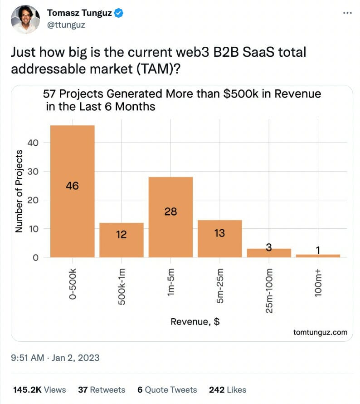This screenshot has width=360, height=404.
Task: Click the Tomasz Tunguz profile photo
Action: tap(26, 19)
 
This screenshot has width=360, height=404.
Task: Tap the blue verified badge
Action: tap(119, 13)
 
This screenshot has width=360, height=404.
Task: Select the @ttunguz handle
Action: tap(66, 25)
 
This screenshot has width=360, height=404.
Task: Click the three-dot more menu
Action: tap(347, 13)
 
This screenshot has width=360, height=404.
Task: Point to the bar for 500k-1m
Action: tap(121, 240)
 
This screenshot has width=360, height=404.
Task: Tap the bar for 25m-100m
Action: tap(269, 253)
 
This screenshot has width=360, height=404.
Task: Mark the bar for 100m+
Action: tap(318, 256)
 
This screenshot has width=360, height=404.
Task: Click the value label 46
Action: tap(73, 186)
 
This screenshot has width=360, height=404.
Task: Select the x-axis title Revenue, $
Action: tap(195, 322)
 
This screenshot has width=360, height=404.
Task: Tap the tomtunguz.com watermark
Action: tap(320, 332)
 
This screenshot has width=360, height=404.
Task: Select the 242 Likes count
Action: tap(228, 389)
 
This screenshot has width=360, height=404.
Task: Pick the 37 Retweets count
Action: tap(102, 389)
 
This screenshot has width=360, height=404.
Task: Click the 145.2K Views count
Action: tap(39, 389)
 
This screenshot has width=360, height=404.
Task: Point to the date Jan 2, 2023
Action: tap(75, 358)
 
